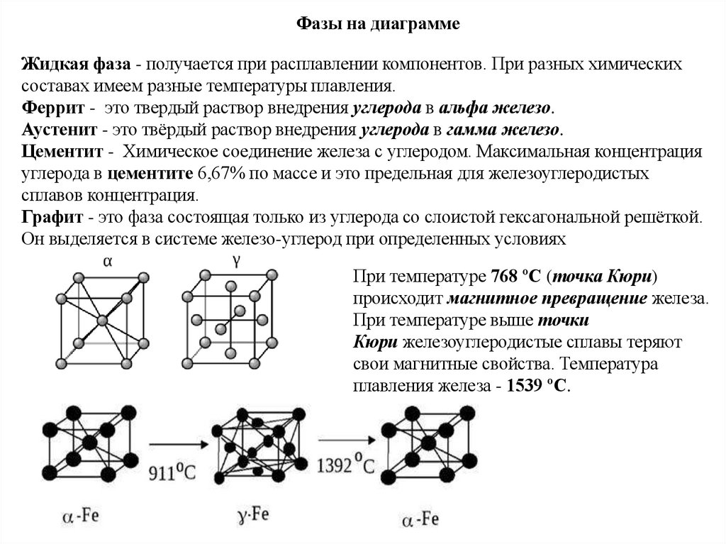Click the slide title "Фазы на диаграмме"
(x=378, y=25)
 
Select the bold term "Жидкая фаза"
(x=75, y=65)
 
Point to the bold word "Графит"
(x=51, y=217)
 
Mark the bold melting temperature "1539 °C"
(x=538, y=387)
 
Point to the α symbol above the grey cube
(x=108, y=261)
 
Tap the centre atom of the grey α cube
(x=104, y=320)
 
